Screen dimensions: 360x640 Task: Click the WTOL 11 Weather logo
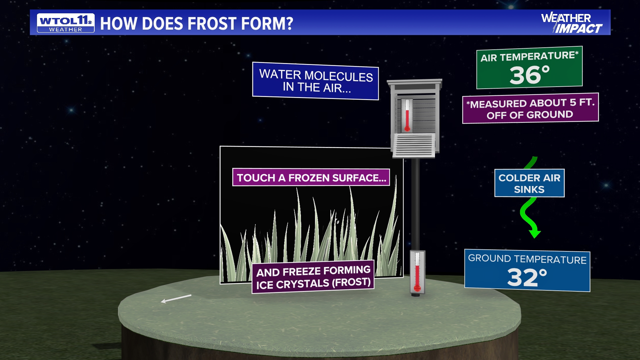click(x=66, y=23)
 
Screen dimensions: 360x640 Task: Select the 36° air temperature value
click(x=529, y=75)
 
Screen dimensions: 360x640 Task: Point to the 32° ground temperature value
click(x=527, y=277)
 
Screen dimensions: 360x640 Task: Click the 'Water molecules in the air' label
click(x=316, y=81)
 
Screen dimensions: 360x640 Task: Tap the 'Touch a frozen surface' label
click(x=311, y=178)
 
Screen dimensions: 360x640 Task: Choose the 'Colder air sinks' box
click(x=529, y=183)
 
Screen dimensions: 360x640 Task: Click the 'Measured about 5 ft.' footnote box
click(x=530, y=109)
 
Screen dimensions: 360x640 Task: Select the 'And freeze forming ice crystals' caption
click(x=313, y=277)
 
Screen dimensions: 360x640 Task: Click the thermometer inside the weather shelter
click(x=407, y=115)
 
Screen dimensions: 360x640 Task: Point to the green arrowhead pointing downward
click(x=535, y=233)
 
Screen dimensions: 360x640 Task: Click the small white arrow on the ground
click(x=176, y=299)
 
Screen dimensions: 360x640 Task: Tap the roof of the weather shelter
click(x=414, y=82)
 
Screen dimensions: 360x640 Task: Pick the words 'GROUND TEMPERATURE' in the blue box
click(x=527, y=259)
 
